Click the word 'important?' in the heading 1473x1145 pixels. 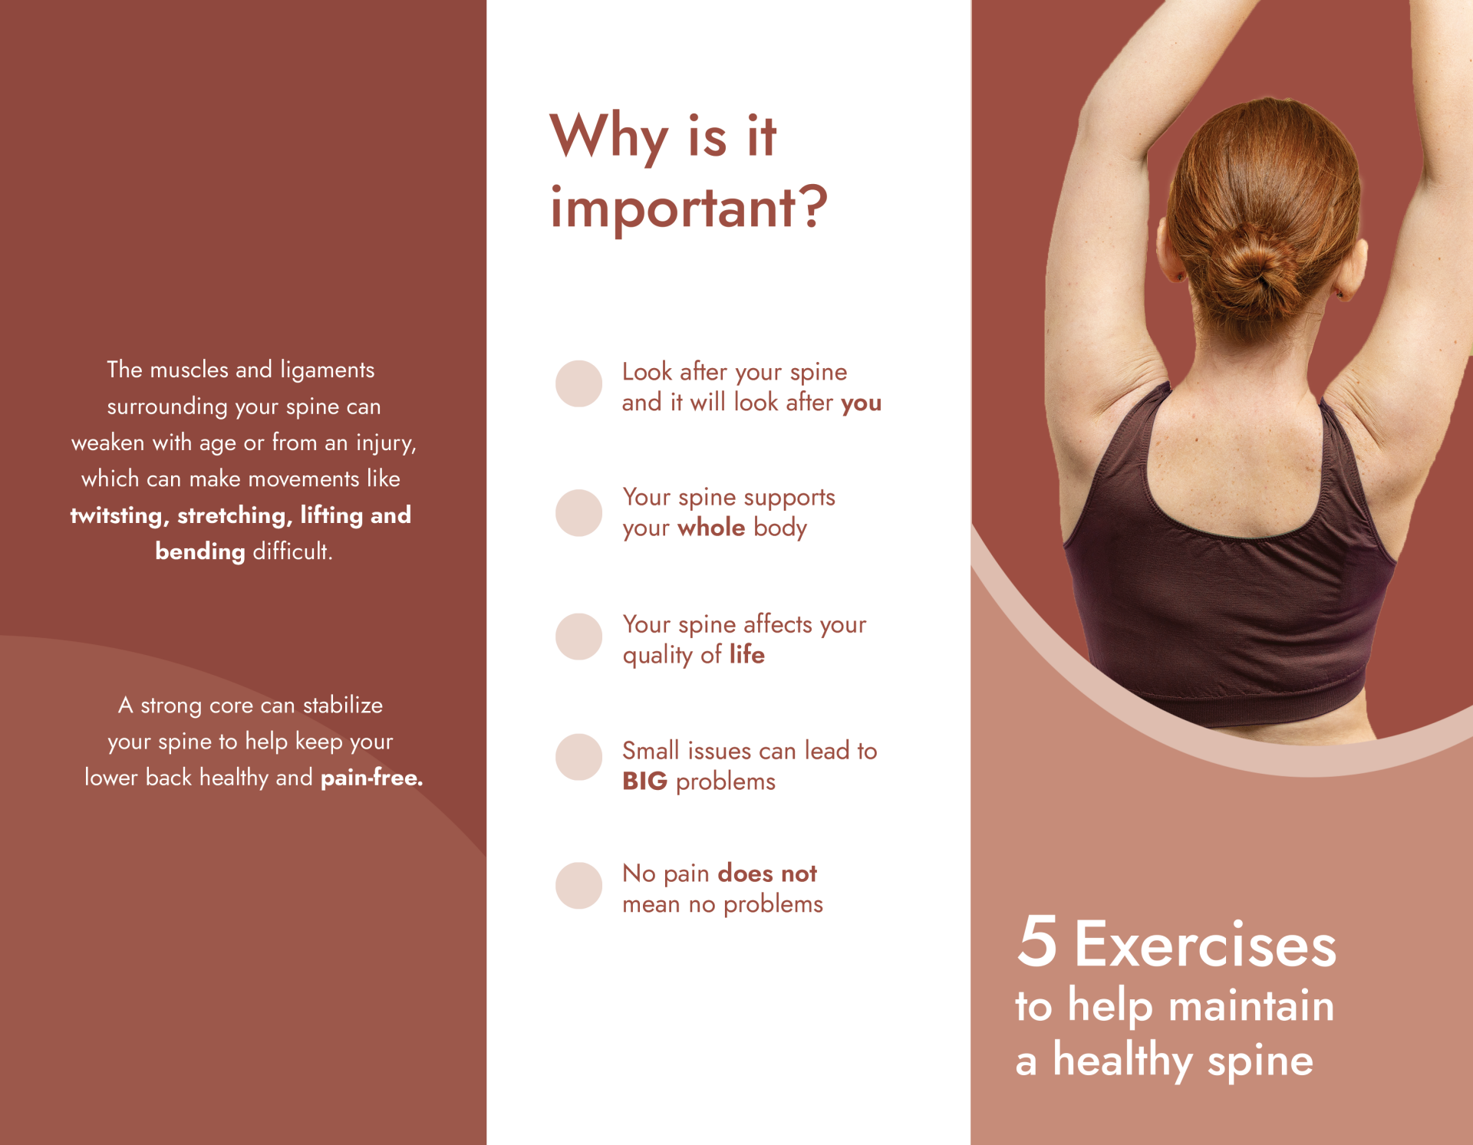click(689, 209)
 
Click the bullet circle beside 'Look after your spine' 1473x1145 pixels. click(578, 383)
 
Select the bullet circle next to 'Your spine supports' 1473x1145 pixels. click(578, 513)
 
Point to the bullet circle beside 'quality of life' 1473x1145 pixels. click(578, 637)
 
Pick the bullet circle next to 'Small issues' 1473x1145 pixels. click(578, 757)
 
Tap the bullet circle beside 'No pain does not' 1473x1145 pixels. click(578, 886)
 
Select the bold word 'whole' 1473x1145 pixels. click(711, 528)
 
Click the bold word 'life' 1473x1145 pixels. click(746, 654)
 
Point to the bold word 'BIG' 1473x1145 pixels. click(644, 781)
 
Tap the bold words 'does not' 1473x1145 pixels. click(767, 874)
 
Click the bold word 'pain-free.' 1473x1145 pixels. click(371, 778)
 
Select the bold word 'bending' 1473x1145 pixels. click(200, 552)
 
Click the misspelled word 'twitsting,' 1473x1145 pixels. click(119, 515)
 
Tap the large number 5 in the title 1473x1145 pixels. click(1037, 941)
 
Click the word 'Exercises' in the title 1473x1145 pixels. click(1205, 944)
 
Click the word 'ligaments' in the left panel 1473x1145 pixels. click(328, 370)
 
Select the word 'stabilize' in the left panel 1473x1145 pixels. click(343, 705)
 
